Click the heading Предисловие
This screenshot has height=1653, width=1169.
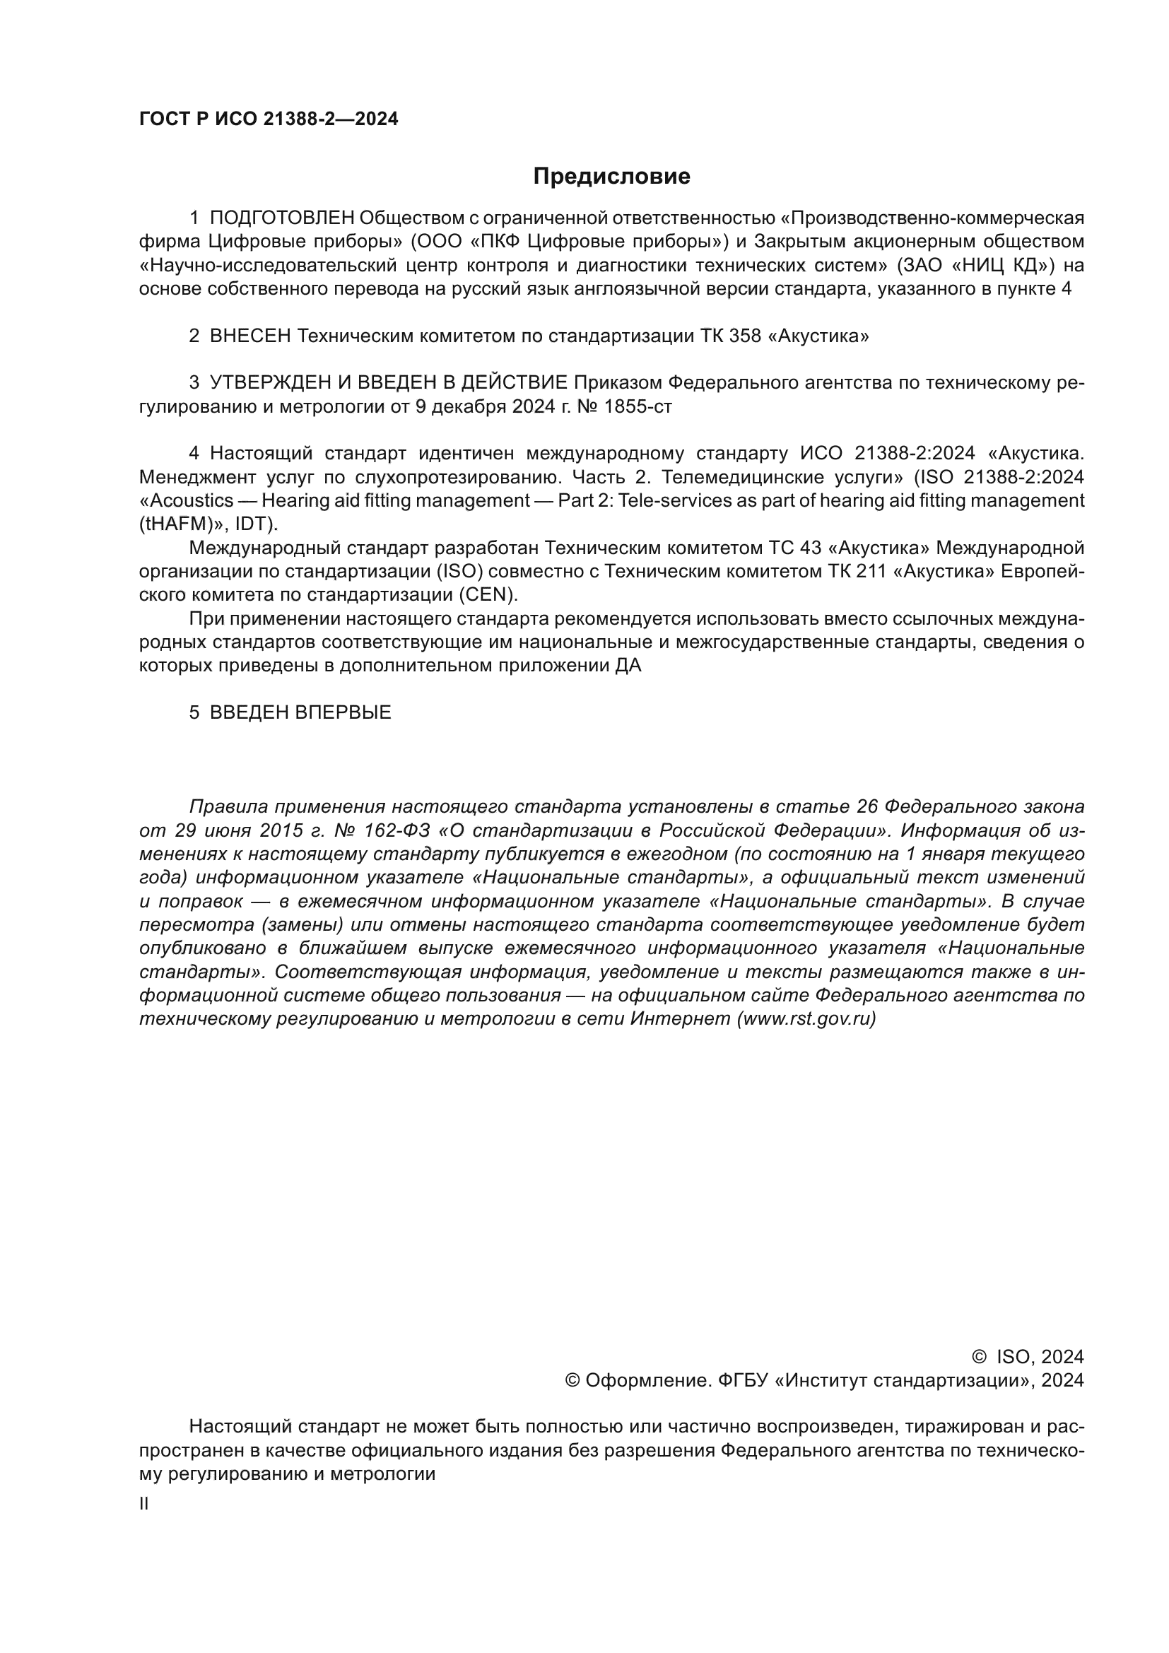(611, 177)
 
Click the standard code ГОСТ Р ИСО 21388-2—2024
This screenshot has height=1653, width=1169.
(269, 119)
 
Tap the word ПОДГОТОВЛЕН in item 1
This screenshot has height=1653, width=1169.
(281, 218)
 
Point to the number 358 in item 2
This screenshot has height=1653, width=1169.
(745, 336)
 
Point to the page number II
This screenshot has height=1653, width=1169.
(144, 1504)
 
